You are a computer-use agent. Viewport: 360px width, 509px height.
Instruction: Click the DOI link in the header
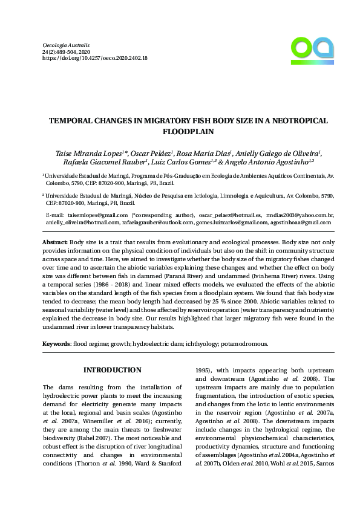click(x=95, y=59)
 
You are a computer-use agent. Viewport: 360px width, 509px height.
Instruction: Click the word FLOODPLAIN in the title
click(x=188, y=131)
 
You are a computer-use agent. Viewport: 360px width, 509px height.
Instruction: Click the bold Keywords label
click(x=56, y=343)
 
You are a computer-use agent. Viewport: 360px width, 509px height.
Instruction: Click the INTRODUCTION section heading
click(x=112, y=370)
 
